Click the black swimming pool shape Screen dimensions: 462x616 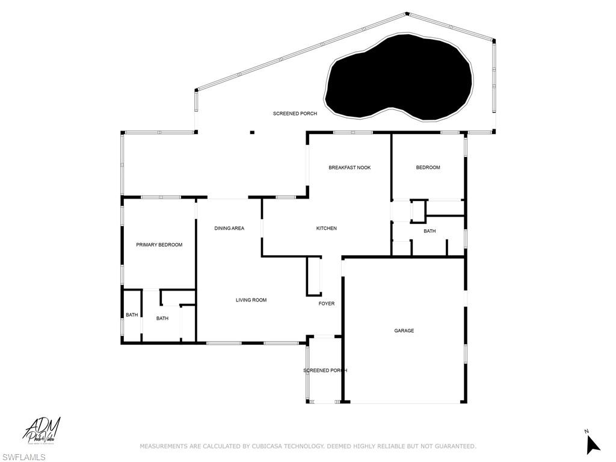click(x=397, y=78)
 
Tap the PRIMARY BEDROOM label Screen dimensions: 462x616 click(x=159, y=245)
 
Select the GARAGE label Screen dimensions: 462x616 click(x=404, y=331)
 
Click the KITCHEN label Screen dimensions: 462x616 click(x=327, y=229)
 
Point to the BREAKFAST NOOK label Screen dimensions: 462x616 click(x=350, y=168)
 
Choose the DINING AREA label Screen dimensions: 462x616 click(x=229, y=229)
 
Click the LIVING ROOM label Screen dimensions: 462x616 click(x=251, y=300)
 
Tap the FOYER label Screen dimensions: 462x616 click(x=327, y=304)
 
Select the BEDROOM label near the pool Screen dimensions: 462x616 click(x=428, y=168)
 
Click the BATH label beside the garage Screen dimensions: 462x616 click(x=430, y=231)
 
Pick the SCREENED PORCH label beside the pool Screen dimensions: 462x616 click(x=295, y=114)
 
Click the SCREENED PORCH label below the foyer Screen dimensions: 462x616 click(x=325, y=371)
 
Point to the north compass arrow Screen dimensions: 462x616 click(x=593, y=443)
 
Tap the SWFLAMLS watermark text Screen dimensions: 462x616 click(x=23, y=457)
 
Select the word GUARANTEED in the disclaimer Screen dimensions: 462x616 click(x=452, y=446)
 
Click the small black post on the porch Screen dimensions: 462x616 click(x=252, y=132)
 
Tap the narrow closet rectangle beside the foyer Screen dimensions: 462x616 click(x=314, y=276)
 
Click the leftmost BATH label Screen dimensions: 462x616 click(x=132, y=315)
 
